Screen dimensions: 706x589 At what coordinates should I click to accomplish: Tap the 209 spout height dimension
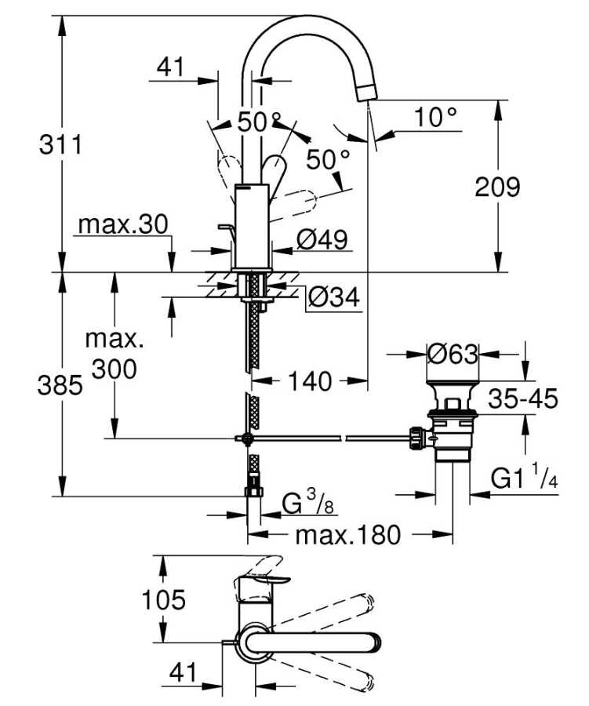pos(498,187)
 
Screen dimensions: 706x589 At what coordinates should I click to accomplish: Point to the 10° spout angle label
pos(435,118)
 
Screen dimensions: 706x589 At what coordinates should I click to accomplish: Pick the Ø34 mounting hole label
pos(333,297)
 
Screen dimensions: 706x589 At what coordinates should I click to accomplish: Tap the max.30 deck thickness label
pos(123,225)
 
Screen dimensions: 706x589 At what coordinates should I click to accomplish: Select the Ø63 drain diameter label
pos(453,354)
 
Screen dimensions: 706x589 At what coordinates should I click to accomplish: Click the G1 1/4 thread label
pos(524,478)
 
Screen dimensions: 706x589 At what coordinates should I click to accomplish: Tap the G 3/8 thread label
pos(309,501)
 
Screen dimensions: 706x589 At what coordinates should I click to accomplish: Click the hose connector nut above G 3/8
pos(253,493)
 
